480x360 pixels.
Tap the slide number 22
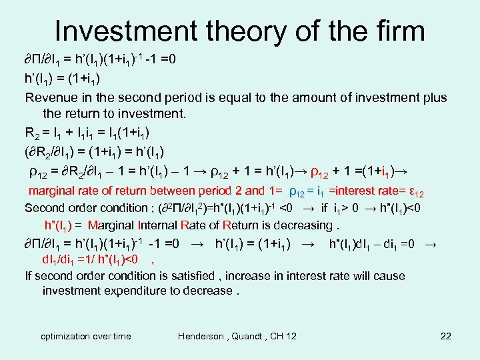click(x=446, y=336)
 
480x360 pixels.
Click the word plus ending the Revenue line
click(x=434, y=97)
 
